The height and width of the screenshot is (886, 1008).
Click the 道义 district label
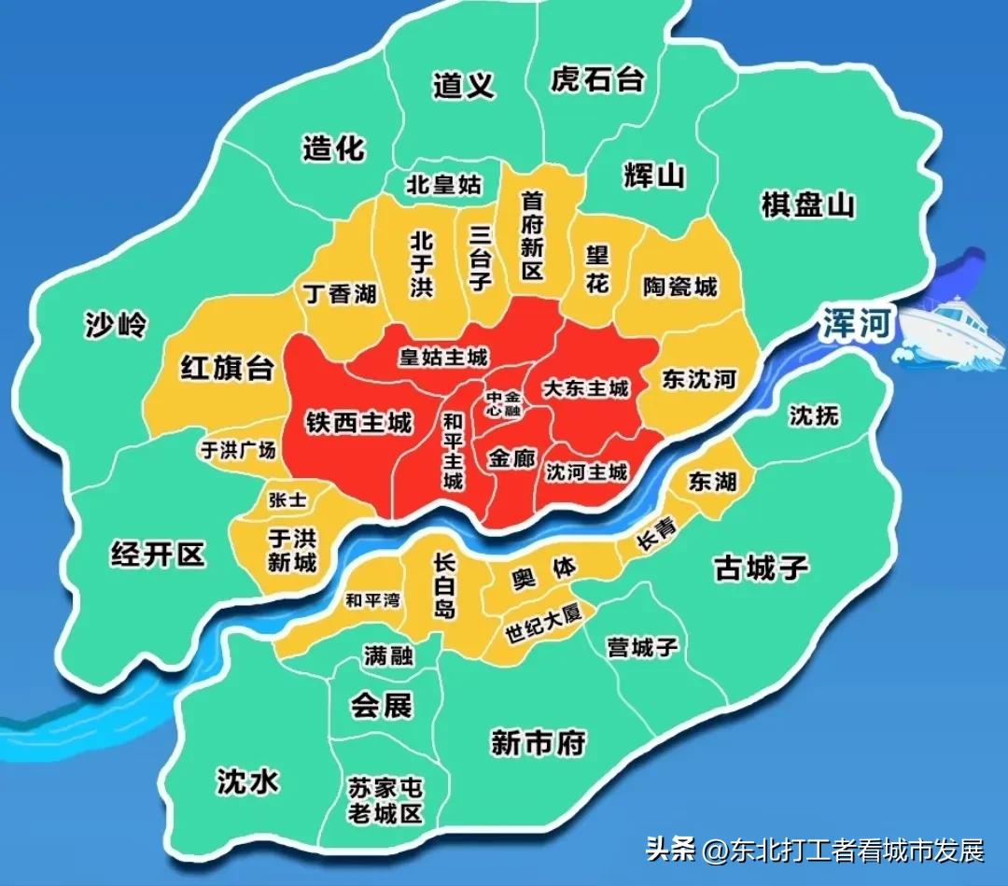click(x=463, y=86)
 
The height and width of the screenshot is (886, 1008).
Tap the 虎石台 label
click(x=597, y=79)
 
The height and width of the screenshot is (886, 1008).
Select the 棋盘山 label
click(x=808, y=205)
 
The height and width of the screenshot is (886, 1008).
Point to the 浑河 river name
click(x=858, y=323)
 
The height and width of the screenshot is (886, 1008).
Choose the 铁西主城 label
click(x=358, y=423)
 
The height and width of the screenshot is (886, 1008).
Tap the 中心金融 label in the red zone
click(x=503, y=403)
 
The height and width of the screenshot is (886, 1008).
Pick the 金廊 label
click(x=511, y=459)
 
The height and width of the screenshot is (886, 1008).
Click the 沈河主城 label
click(x=586, y=472)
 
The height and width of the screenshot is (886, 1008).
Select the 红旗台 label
click(x=227, y=369)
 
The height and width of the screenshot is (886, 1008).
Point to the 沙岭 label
click(x=116, y=324)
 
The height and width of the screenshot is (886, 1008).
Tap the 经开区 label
click(x=157, y=556)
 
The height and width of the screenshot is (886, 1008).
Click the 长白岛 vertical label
click(x=444, y=585)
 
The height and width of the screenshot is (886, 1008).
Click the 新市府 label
click(x=539, y=743)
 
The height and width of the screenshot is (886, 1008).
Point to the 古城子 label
click(x=761, y=567)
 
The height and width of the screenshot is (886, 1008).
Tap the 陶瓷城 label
click(x=680, y=286)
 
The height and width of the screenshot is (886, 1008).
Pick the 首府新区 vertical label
click(x=532, y=235)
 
